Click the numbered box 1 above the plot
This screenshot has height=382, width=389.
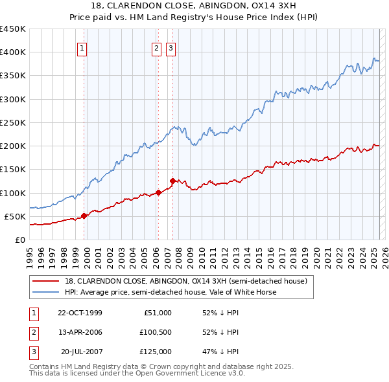tap(83, 47)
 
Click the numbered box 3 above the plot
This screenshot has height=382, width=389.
tap(171, 47)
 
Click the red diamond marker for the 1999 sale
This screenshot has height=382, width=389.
tap(84, 216)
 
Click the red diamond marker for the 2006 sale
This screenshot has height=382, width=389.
tap(158, 192)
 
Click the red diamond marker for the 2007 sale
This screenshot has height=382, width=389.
tap(172, 181)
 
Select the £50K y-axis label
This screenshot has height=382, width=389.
tap(16, 216)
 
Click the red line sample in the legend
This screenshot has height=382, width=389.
tap(45, 281)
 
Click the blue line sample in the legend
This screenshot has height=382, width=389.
tap(45, 292)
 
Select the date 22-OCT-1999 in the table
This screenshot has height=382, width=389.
tap(80, 313)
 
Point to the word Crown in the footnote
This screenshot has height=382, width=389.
tap(176, 366)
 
